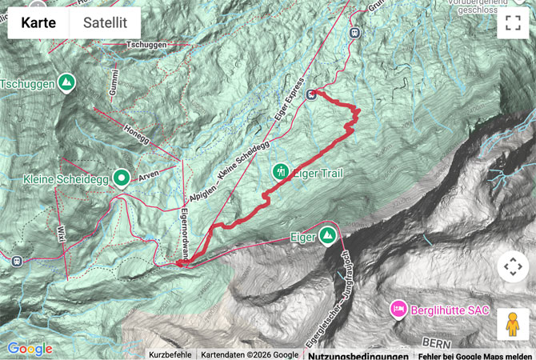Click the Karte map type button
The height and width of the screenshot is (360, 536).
(x=38, y=22)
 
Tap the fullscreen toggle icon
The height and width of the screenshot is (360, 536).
(x=513, y=22)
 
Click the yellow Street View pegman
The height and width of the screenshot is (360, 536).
(x=513, y=324)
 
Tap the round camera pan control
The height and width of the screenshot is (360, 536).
(x=513, y=266)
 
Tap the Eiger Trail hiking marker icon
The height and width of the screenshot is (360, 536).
(x=281, y=170)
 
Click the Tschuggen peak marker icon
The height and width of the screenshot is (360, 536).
(x=66, y=82)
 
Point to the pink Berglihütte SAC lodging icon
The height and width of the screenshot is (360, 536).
(x=398, y=308)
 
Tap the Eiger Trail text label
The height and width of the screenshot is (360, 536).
(x=320, y=172)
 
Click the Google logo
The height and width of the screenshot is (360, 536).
(x=30, y=349)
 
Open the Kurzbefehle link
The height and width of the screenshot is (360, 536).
(x=170, y=354)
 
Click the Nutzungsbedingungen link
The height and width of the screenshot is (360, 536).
(x=358, y=355)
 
